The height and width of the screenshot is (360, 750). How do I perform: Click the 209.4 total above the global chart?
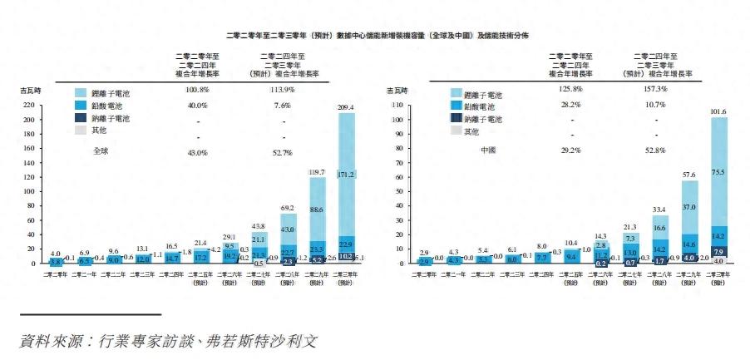pos(347,106)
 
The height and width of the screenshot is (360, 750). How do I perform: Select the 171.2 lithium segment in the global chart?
pos(347,175)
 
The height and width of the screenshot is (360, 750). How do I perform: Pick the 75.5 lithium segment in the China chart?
pos(718,172)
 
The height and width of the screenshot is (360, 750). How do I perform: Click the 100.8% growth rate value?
pos(197,89)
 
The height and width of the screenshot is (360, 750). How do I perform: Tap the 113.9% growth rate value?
pos(284,89)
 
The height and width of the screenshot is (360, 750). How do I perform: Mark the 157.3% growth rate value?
pos(656,89)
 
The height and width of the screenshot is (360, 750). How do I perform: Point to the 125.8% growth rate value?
pos(570,89)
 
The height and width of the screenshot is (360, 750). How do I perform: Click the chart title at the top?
pos(377,36)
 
